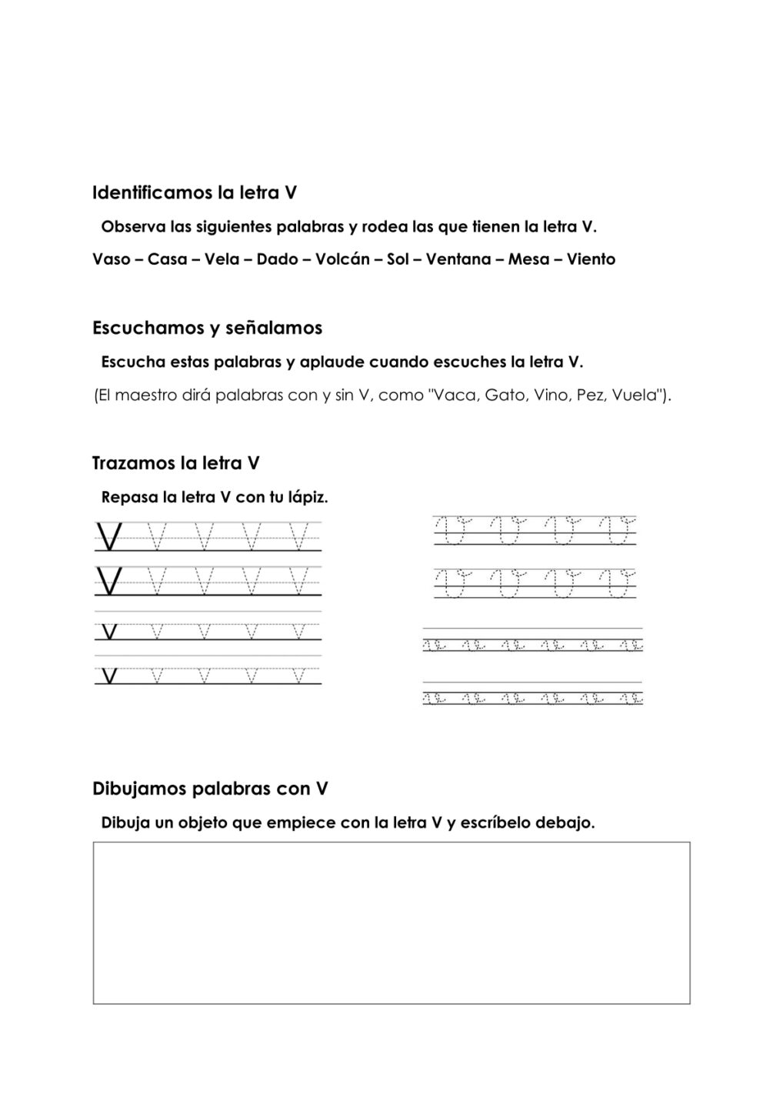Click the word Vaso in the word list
point(111,259)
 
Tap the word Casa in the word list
point(167,259)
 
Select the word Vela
point(222,259)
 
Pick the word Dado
point(277,259)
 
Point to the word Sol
point(398,259)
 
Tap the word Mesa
point(528,259)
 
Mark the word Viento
point(591,259)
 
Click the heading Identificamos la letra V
point(194,192)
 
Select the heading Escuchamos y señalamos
point(207,328)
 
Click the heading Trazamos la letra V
point(175,463)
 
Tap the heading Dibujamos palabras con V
point(210,789)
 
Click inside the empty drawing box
point(391,923)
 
